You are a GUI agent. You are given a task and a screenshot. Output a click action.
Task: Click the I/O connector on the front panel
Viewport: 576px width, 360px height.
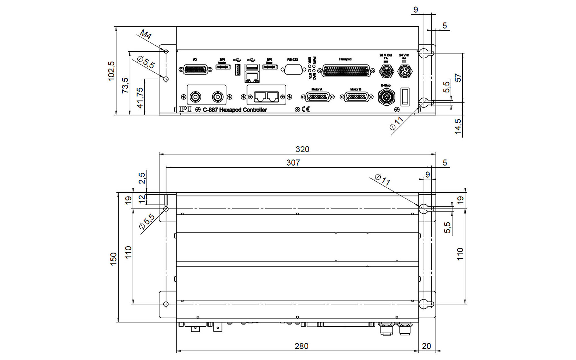coord(196,70)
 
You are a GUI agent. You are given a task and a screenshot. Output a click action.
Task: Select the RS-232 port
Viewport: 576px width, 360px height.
coord(293,70)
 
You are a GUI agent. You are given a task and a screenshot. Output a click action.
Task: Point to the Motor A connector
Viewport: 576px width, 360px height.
coord(318,97)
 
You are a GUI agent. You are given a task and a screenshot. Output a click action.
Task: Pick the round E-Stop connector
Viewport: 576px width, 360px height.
coord(386,97)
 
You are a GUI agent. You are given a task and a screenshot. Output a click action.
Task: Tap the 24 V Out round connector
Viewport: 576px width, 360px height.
coord(386,71)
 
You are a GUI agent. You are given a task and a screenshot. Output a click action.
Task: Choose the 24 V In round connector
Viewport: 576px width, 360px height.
coord(405,71)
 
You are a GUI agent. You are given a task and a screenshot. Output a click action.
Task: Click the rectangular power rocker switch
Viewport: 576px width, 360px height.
coord(405,97)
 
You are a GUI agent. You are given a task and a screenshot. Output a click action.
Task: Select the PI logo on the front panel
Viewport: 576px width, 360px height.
coord(185,109)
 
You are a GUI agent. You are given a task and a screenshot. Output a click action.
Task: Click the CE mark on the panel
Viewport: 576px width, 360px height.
coord(306,109)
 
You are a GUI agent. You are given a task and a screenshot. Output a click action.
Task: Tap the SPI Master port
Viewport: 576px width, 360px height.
coord(223,67)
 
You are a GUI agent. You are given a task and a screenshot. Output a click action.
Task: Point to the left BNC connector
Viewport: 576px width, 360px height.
coord(196,97)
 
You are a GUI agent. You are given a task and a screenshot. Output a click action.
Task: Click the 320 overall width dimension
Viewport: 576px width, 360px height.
coord(302,149)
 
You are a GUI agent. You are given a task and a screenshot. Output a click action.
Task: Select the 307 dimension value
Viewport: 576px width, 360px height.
coord(293,163)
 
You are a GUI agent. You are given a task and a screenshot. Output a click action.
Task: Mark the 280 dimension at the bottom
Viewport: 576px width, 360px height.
coord(301,346)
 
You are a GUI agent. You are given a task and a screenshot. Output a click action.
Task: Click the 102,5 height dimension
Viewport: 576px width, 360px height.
coord(111,71)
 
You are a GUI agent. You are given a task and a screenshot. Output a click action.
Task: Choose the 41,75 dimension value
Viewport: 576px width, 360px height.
coord(140,98)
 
